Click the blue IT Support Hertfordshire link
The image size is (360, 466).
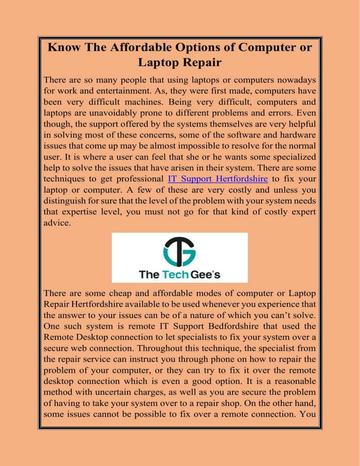pos(217,179)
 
